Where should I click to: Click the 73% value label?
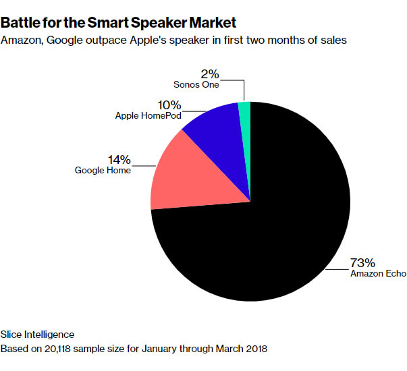[362, 263]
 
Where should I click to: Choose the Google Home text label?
[103, 171]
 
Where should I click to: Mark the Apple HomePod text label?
[148, 115]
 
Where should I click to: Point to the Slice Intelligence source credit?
[37, 335]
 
